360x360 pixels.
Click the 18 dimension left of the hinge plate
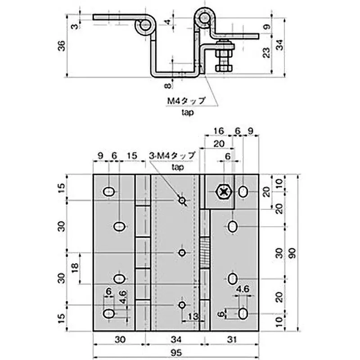(x=75, y=268)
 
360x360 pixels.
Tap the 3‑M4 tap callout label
(x=172, y=156)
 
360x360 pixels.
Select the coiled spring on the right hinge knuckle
(x=205, y=254)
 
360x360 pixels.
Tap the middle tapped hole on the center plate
(x=182, y=253)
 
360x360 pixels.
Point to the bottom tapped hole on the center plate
(x=182, y=305)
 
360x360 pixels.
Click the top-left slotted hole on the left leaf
(x=109, y=192)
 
